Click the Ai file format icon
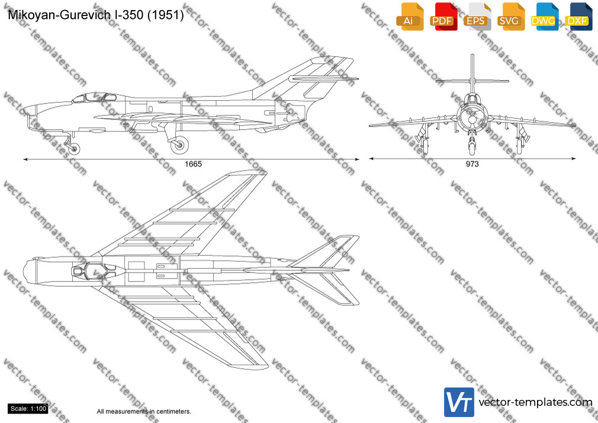tap(410, 17)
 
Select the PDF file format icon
tap(443, 17)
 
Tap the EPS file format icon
tap(477, 17)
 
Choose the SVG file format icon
tap(510, 17)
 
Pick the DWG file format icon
tap(545, 17)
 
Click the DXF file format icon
tap(578, 17)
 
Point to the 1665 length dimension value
tap(193, 164)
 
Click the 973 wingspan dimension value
tap(472, 164)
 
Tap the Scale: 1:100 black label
tap(28, 409)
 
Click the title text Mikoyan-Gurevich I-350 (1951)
tap(96, 15)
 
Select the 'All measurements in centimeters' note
tap(144, 412)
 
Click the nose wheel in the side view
tap(74, 148)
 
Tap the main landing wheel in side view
tap(179, 145)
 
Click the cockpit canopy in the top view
tap(98, 271)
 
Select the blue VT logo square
tap(459, 402)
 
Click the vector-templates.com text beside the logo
tap(535, 402)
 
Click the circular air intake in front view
tap(472, 119)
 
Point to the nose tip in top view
tap(23, 271)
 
